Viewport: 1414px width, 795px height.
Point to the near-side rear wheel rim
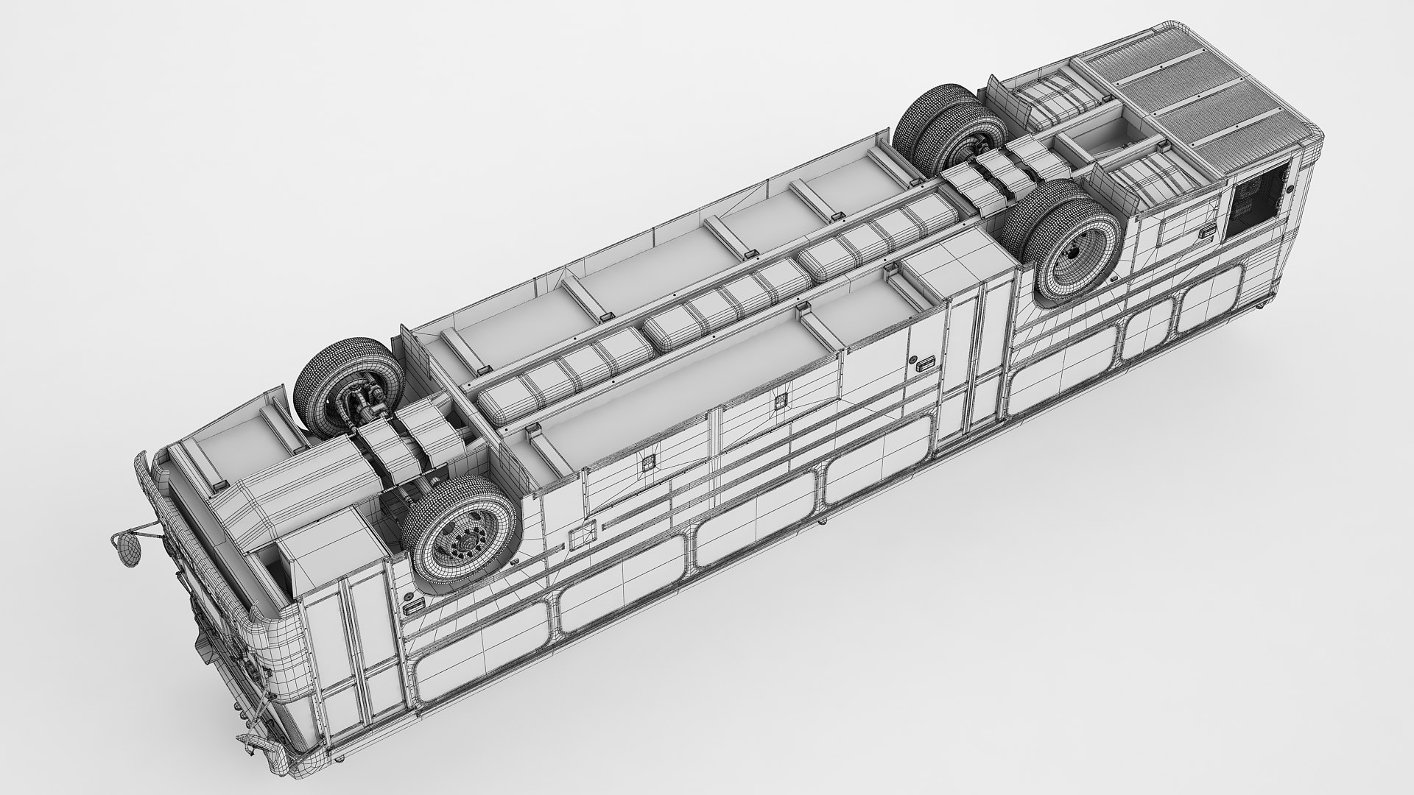1074,254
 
